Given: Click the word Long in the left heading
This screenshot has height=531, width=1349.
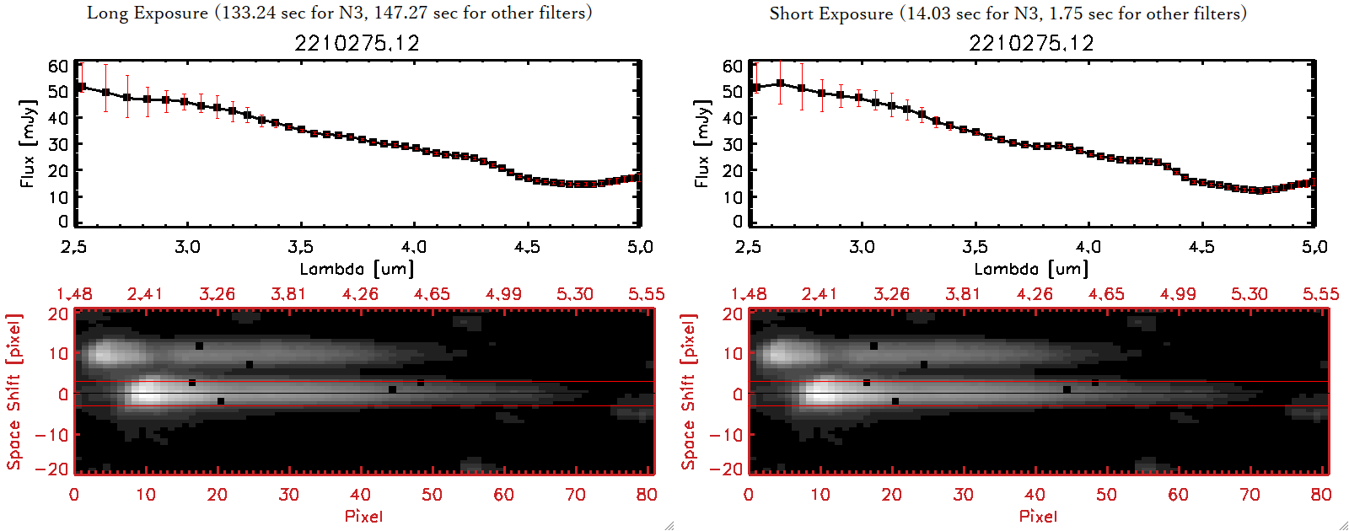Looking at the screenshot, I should [x=105, y=13].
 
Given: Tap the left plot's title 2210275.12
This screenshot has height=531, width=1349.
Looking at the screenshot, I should [x=357, y=43].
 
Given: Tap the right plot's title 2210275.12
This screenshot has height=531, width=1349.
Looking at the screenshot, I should [x=1031, y=43].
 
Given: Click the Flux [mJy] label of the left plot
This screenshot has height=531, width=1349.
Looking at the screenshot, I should [x=28, y=144].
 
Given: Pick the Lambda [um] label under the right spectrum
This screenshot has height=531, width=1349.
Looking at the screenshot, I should [x=1031, y=269].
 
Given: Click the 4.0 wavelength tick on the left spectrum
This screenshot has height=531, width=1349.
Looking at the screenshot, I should [x=414, y=247].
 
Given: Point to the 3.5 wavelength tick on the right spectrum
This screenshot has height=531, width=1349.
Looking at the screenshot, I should [x=975, y=247].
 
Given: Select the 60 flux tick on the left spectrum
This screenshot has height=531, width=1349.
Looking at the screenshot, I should [x=58, y=66].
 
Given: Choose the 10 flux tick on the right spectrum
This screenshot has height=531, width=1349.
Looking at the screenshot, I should [x=733, y=196].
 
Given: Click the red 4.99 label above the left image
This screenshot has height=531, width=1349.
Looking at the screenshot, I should [x=503, y=294].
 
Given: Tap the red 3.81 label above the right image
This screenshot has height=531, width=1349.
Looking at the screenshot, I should [x=963, y=294].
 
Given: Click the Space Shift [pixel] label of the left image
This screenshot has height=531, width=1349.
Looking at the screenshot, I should [x=13, y=392].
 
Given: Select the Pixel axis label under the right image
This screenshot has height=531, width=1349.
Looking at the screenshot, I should [x=1038, y=516].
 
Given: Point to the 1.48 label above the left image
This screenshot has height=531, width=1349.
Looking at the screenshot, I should [x=74, y=294].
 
